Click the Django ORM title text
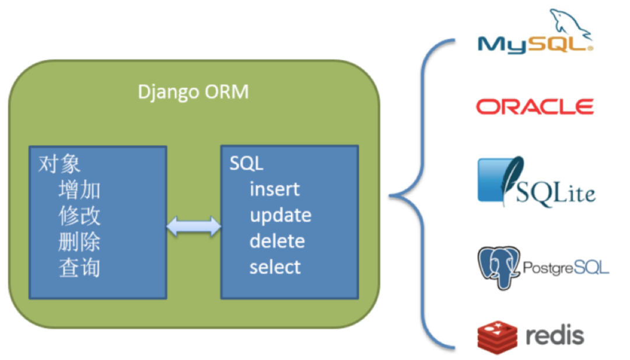point(193,92)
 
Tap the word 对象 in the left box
point(59,164)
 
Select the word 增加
point(79,190)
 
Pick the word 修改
point(79,216)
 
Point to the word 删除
point(79,242)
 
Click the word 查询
point(79,268)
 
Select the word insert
point(274,190)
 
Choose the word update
point(281,216)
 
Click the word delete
point(277,242)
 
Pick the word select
point(275,268)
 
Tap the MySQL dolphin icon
point(569,23)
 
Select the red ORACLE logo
point(534,106)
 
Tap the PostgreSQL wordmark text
point(566,268)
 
